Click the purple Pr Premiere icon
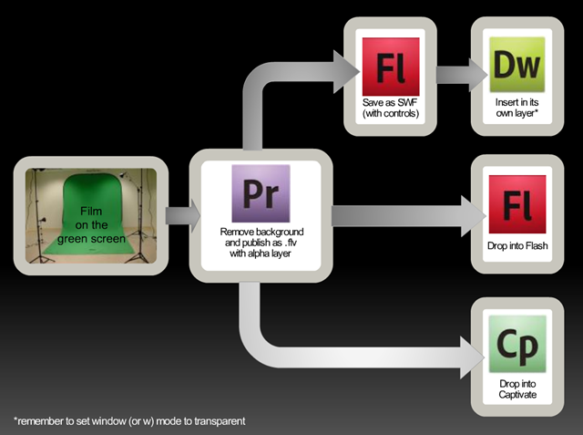tap(261, 193)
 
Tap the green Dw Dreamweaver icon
tap(517, 65)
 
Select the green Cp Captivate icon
tap(517, 344)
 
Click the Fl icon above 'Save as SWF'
tap(391, 67)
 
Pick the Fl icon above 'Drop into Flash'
tap(517, 204)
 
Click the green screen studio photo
tap(91, 216)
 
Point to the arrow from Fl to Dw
tap(462, 75)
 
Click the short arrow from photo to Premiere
tap(183, 216)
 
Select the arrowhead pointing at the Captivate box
tap(472, 357)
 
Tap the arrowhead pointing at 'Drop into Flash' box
tap(474, 216)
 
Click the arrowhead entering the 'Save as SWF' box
tap(346, 72)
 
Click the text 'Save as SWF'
tap(390, 102)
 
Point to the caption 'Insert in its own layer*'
tap(517, 108)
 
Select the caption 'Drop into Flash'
tap(517, 245)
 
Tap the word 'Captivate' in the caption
tap(517, 395)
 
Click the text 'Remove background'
tap(261, 232)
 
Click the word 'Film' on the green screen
tap(91, 211)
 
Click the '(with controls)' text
tap(391, 113)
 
